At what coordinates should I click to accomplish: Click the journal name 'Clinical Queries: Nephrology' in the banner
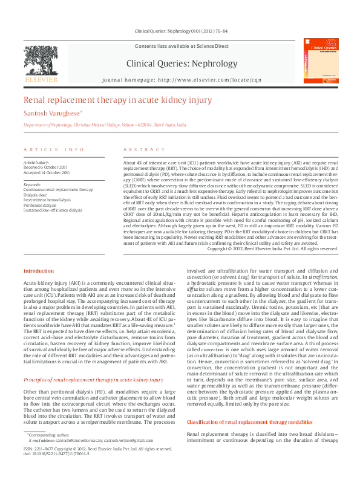click(182, 63)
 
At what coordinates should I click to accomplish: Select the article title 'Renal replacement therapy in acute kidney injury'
click(117, 100)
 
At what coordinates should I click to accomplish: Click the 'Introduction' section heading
click(39, 271)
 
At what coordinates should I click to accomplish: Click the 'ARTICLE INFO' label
click(53, 149)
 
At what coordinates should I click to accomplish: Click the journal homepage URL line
click(182, 80)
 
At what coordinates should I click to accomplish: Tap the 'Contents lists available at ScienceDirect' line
click(182, 46)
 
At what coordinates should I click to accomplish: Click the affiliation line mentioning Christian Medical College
click(105, 125)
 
